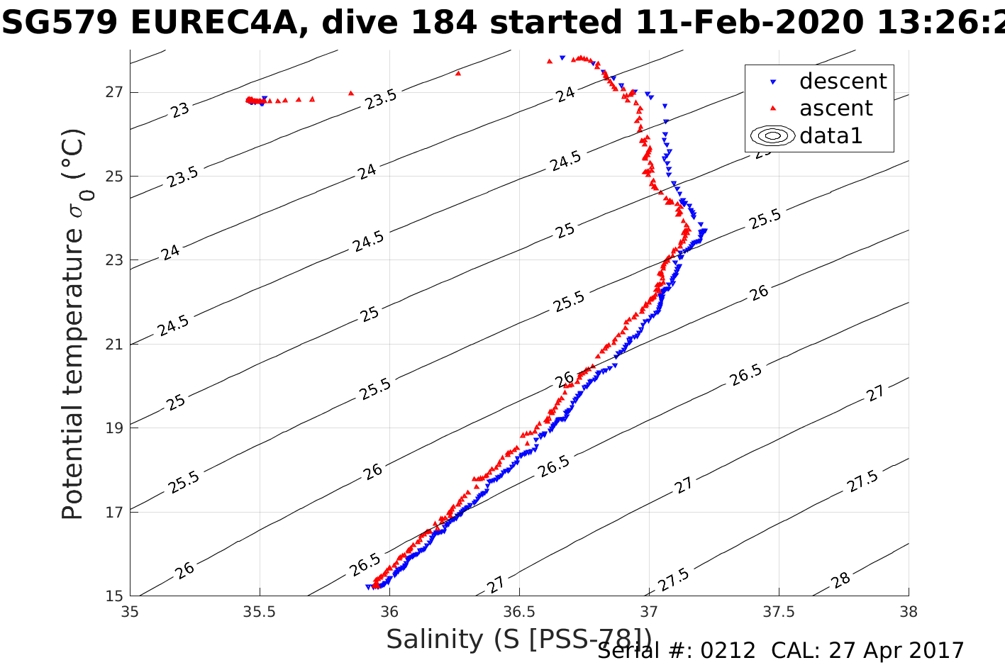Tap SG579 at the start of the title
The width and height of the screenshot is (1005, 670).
click(60, 23)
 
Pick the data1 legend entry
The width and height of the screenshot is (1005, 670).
click(831, 135)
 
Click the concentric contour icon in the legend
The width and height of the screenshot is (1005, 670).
click(773, 135)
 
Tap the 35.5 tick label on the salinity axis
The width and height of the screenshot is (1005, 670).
click(260, 610)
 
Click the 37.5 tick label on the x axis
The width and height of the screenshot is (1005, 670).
click(779, 610)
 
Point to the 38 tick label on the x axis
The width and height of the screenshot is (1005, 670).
click(909, 610)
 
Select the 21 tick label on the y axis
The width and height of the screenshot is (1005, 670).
click(114, 345)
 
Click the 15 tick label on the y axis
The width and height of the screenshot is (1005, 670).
click(114, 596)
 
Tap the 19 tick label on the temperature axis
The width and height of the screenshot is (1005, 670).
click(114, 428)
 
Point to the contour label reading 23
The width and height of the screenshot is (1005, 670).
click(180, 110)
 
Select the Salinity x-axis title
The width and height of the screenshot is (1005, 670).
click(518, 640)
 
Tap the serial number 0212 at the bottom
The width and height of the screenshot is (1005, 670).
click(728, 651)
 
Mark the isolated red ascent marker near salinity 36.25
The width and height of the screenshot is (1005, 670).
click(458, 72)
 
